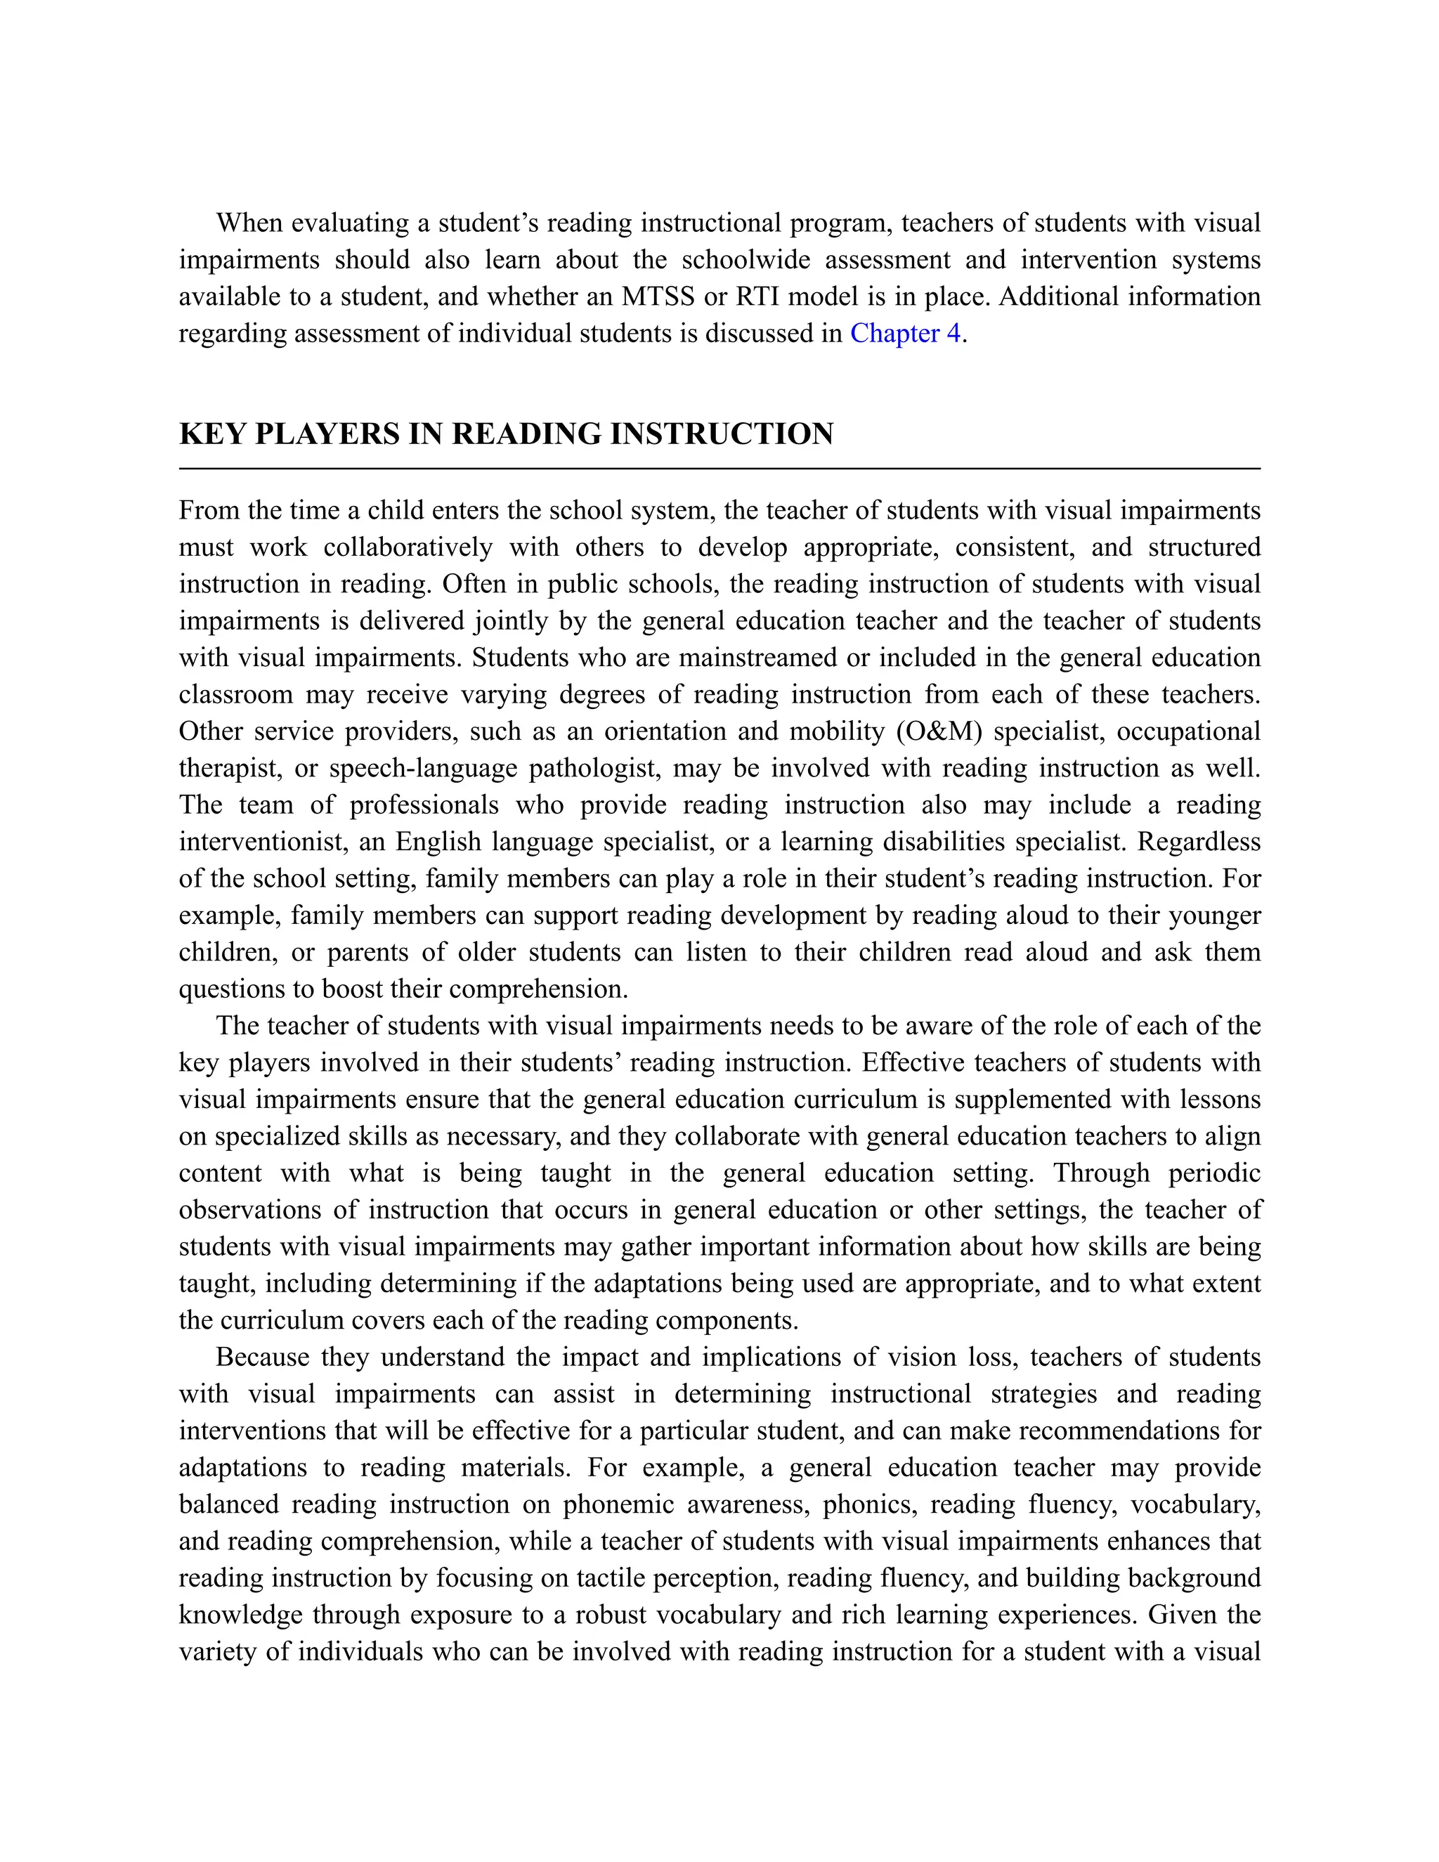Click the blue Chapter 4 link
(x=904, y=333)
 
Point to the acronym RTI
(x=761, y=297)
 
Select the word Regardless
(x=1199, y=842)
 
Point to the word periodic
(x=1214, y=1173)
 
